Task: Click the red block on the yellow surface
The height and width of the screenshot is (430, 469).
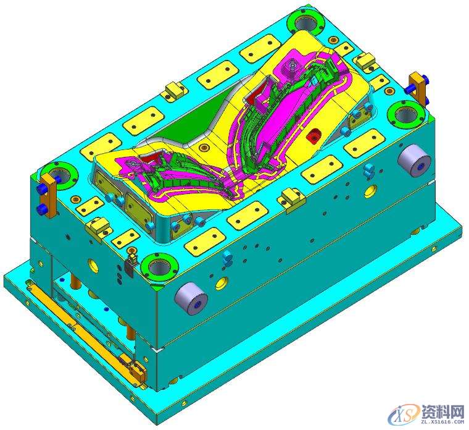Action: (x=315, y=133)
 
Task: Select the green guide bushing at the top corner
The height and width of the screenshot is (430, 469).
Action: (x=305, y=23)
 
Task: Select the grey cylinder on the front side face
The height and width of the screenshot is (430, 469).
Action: (x=192, y=300)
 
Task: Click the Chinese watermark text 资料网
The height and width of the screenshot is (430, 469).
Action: (x=442, y=410)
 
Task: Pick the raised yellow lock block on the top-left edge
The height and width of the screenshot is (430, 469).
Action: (x=173, y=90)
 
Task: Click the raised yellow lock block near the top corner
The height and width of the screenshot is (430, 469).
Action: (x=366, y=61)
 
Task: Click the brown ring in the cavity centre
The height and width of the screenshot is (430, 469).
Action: (x=203, y=147)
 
